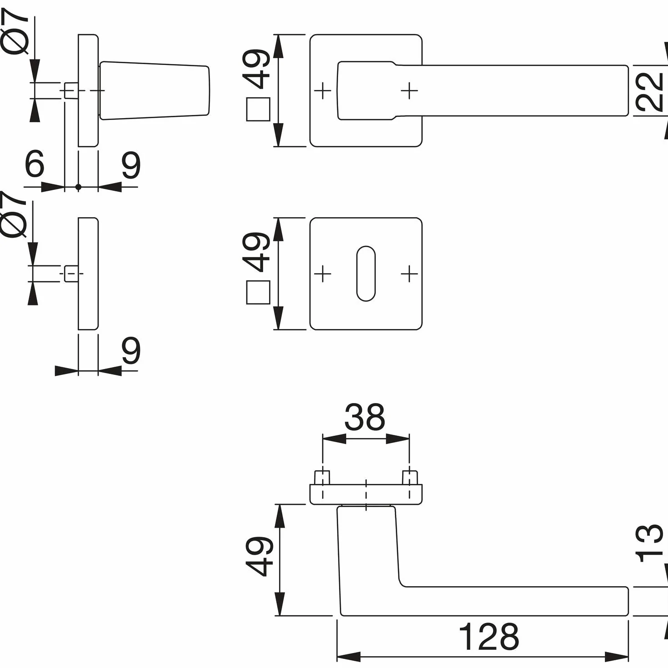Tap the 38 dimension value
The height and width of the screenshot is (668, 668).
point(365,417)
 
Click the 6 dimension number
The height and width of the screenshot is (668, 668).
point(35,163)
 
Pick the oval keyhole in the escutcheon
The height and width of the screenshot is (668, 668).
point(366,274)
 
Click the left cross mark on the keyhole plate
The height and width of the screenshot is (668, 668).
point(323,274)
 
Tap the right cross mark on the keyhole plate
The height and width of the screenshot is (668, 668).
point(409,274)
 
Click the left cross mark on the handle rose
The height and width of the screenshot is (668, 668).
point(323,90)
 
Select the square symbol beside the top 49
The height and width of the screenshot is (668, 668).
point(258,109)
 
